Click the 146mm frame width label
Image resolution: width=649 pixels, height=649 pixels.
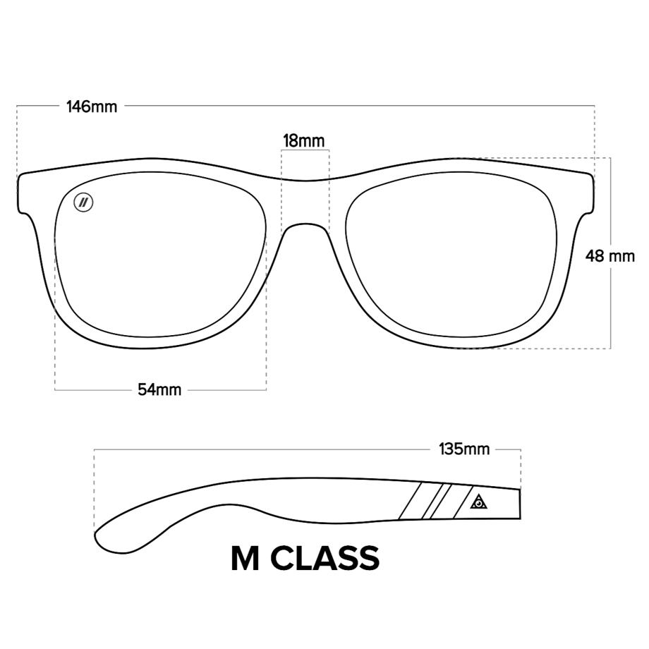(x=92, y=107)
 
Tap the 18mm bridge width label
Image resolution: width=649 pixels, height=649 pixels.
(x=304, y=140)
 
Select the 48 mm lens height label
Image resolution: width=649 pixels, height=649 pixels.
(x=609, y=256)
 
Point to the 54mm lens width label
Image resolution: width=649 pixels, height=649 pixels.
(x=159, y=389)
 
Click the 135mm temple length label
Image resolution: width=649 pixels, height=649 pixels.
(x=464, y=449)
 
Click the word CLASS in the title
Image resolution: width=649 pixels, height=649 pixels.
(x=325, y=558)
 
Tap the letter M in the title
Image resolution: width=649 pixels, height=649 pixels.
(x=245, y=558)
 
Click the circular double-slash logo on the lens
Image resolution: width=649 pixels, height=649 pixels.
(x=83, y=202)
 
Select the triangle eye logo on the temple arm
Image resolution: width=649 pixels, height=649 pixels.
(x=478, y=502)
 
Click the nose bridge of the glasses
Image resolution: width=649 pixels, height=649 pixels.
(x=305, y=226)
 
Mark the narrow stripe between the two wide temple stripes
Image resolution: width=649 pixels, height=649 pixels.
(x=432, y=501)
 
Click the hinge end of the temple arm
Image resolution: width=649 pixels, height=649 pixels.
(x=520, y=504)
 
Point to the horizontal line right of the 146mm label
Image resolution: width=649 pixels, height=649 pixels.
(x=360, y=106)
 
